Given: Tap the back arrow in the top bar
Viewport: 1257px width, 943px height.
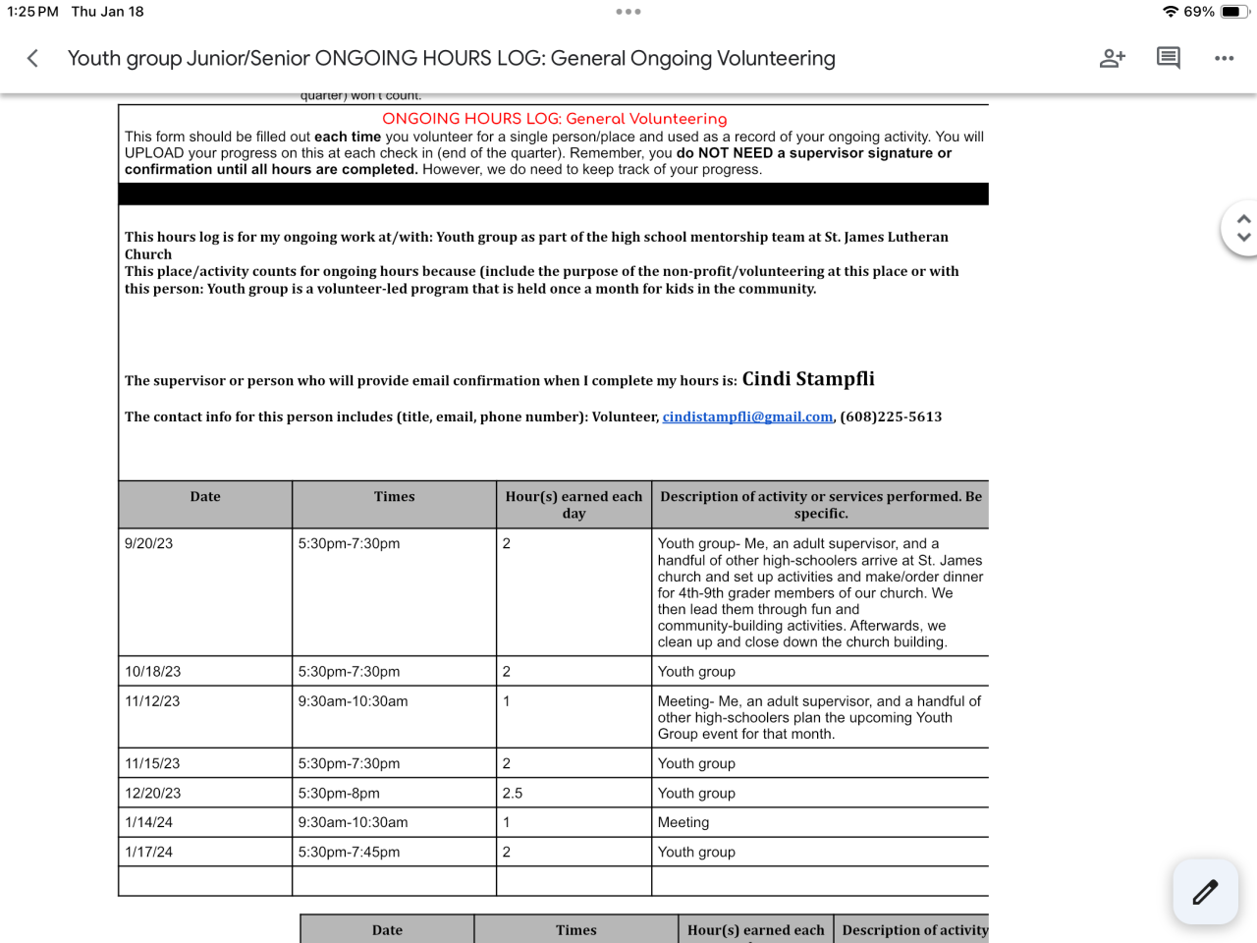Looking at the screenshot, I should point(32,59).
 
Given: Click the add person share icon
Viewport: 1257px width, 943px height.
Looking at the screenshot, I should point(1112,59).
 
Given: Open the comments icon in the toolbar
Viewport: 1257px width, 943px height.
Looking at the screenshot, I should point(1168,58).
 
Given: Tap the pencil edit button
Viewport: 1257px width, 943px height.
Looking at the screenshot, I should point(1205,892).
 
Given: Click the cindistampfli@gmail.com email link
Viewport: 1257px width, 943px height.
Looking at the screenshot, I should point(747,417).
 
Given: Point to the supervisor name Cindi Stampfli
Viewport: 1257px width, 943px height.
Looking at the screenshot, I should point(807,379).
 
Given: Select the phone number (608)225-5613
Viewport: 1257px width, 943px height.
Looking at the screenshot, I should point(891,417).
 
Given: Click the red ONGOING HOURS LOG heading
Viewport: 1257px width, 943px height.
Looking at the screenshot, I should point(554,119).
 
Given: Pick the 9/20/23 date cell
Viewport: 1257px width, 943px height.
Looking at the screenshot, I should point(148,544).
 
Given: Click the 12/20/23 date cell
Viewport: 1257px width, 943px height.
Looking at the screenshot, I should point(152,794).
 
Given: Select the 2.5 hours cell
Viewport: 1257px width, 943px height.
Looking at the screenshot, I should point(513,794).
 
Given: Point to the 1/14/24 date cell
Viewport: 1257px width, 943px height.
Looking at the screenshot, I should point(148,823).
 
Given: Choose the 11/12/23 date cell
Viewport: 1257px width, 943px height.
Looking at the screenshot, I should point(152,701).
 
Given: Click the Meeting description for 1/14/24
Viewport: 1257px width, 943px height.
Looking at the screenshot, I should point(683,823).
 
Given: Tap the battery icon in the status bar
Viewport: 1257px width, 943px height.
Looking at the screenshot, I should point(1235,12).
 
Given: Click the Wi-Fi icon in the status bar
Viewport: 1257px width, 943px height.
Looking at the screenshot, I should point(1170,12).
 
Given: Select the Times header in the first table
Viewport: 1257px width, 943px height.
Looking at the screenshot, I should point(394,497).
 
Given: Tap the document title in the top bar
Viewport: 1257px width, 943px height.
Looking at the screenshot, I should point(451,59).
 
